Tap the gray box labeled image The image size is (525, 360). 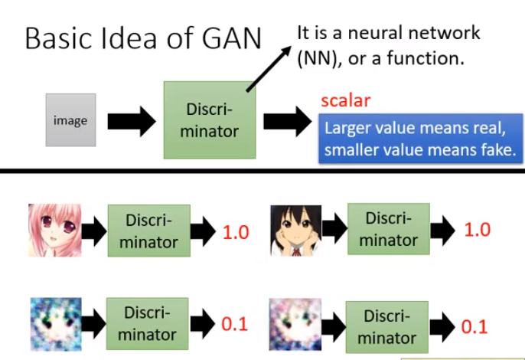(x=70, y=120)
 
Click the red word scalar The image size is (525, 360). (x=345, y=100)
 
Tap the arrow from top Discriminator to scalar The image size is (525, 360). (x=286, y=122)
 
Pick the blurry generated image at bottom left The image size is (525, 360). (x=53, y=322)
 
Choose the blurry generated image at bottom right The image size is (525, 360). (x=294, y=323)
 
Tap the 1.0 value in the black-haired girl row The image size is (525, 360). (x=477, y=230)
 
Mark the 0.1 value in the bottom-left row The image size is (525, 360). (x=235, y=324)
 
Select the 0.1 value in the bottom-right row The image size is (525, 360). (x=474, y=326)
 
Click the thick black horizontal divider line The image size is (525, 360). (x=262, y=170)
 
